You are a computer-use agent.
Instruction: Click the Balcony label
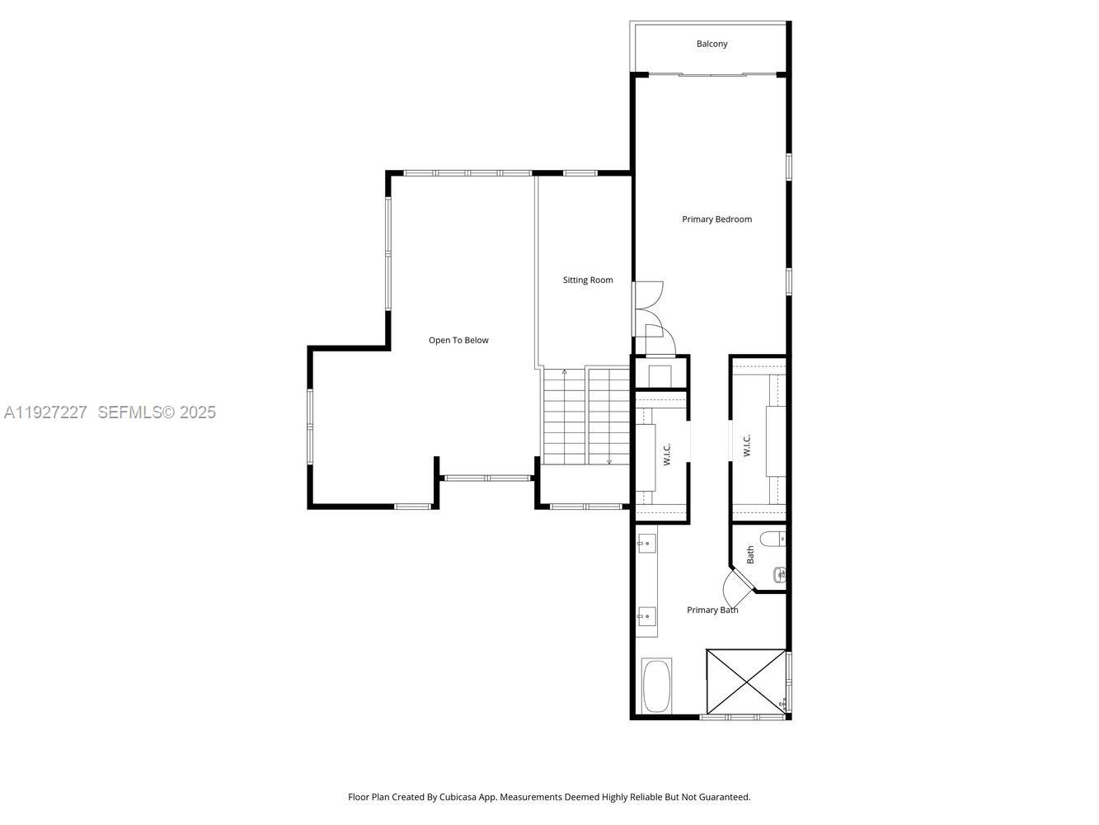coord(712,44)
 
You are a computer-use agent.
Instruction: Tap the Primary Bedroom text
coord(716,219)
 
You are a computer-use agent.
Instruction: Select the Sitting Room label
coord(588,280)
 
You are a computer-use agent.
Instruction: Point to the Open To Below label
coord(458,341)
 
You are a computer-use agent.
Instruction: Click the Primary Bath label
coord(712,610)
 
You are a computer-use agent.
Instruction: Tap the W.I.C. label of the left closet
coord(667,454)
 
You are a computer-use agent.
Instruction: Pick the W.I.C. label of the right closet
coord(747,445)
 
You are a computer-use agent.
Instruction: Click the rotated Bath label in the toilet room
coord(750,554)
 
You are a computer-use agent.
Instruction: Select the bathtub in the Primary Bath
coord(657,686)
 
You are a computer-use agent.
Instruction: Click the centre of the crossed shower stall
coord(746,681)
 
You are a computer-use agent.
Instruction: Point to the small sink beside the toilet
coord(779,573)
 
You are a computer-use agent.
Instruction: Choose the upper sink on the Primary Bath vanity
coord(647,544)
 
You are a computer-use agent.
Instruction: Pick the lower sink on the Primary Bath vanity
coord(647,615)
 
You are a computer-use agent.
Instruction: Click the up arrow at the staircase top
coord(564,373)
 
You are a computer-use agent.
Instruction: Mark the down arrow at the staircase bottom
coord(609,461)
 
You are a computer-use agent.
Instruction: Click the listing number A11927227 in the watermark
coord(45,412)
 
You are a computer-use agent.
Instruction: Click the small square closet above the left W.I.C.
coord(660,373)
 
